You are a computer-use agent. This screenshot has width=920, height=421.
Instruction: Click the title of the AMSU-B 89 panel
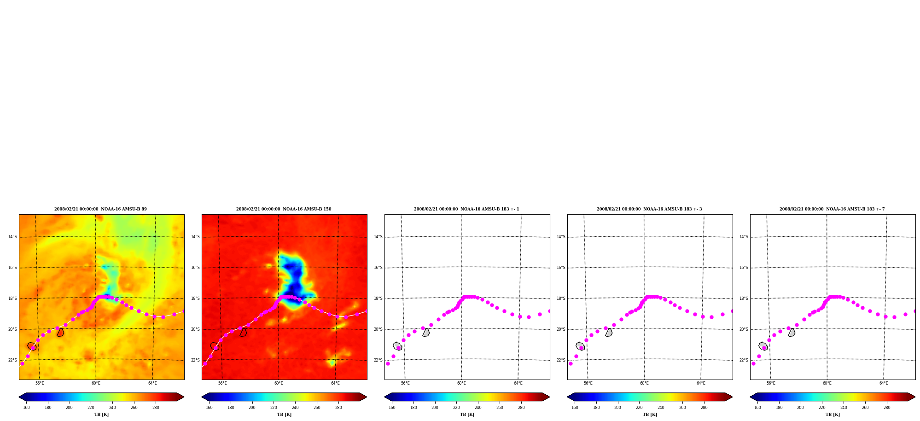click(100, 209)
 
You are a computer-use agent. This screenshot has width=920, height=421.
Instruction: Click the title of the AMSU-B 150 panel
click(284, 209)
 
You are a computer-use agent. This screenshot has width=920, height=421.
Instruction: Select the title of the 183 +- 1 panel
click(466, 209)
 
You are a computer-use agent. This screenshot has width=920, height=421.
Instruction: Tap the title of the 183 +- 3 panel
click(649, 209)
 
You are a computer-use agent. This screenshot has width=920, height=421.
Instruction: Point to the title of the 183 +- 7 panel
click(832, 209)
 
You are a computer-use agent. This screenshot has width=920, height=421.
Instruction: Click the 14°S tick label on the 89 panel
click(12, 237)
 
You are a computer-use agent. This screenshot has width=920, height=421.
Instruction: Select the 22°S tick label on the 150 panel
click(195, 360)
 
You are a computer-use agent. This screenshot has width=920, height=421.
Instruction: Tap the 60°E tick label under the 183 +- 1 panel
click(461, 383)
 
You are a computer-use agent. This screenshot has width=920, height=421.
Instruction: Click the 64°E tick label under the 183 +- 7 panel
click(884, 383)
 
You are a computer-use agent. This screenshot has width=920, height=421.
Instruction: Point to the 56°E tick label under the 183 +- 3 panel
click(588, 383)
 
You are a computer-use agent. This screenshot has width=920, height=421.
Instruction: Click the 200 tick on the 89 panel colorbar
click(69, 408)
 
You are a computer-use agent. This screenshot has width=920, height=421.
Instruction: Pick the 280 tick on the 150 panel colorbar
click(338, 408)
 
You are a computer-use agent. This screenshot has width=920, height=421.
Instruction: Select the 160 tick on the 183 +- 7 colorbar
click(757, 408)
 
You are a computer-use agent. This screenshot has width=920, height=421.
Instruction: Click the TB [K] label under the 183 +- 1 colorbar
click(467, 415)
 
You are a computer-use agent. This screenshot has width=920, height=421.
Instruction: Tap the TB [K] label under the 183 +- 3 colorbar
click(650, 415)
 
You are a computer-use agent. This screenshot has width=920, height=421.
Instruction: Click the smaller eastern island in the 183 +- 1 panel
click(426, 333)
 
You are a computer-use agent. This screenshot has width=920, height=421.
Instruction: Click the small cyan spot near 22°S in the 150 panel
click(332, 363)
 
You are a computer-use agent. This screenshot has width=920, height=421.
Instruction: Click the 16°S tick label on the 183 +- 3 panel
click(561, 268)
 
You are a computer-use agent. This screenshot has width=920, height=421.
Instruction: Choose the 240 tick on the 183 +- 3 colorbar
click(661, 408)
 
